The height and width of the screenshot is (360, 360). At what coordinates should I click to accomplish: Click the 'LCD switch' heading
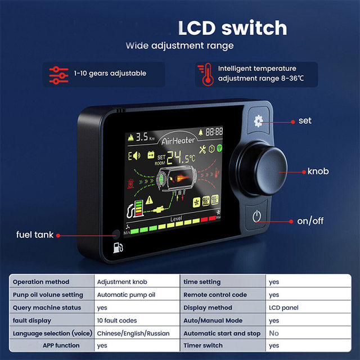[x=232, y=28]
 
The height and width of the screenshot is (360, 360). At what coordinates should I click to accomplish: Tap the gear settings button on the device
[x=258, y=120]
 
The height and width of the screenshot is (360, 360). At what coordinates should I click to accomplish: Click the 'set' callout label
[x=305, y=120]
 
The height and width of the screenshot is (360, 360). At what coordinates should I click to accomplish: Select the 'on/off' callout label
[x=311, y=221]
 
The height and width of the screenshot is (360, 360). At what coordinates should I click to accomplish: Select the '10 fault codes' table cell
[x=117, y=320]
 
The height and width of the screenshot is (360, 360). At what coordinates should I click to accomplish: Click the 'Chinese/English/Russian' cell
[x=133, y=333]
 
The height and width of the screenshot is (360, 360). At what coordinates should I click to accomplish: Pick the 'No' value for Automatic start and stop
[x=274, y=333]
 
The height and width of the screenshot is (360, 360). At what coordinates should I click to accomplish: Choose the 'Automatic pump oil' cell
[x=125, y=295]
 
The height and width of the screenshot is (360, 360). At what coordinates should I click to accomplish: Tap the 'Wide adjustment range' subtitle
[x=179, y=45]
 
